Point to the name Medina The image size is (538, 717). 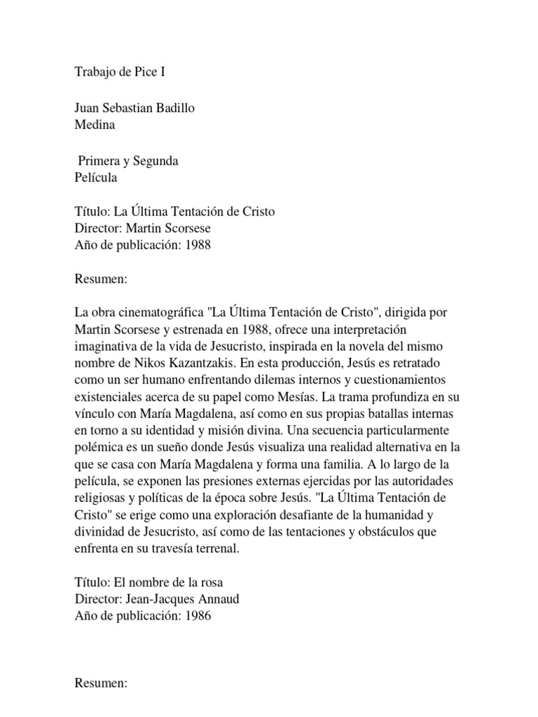pos(95,125)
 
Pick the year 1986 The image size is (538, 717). pos(197,615)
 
